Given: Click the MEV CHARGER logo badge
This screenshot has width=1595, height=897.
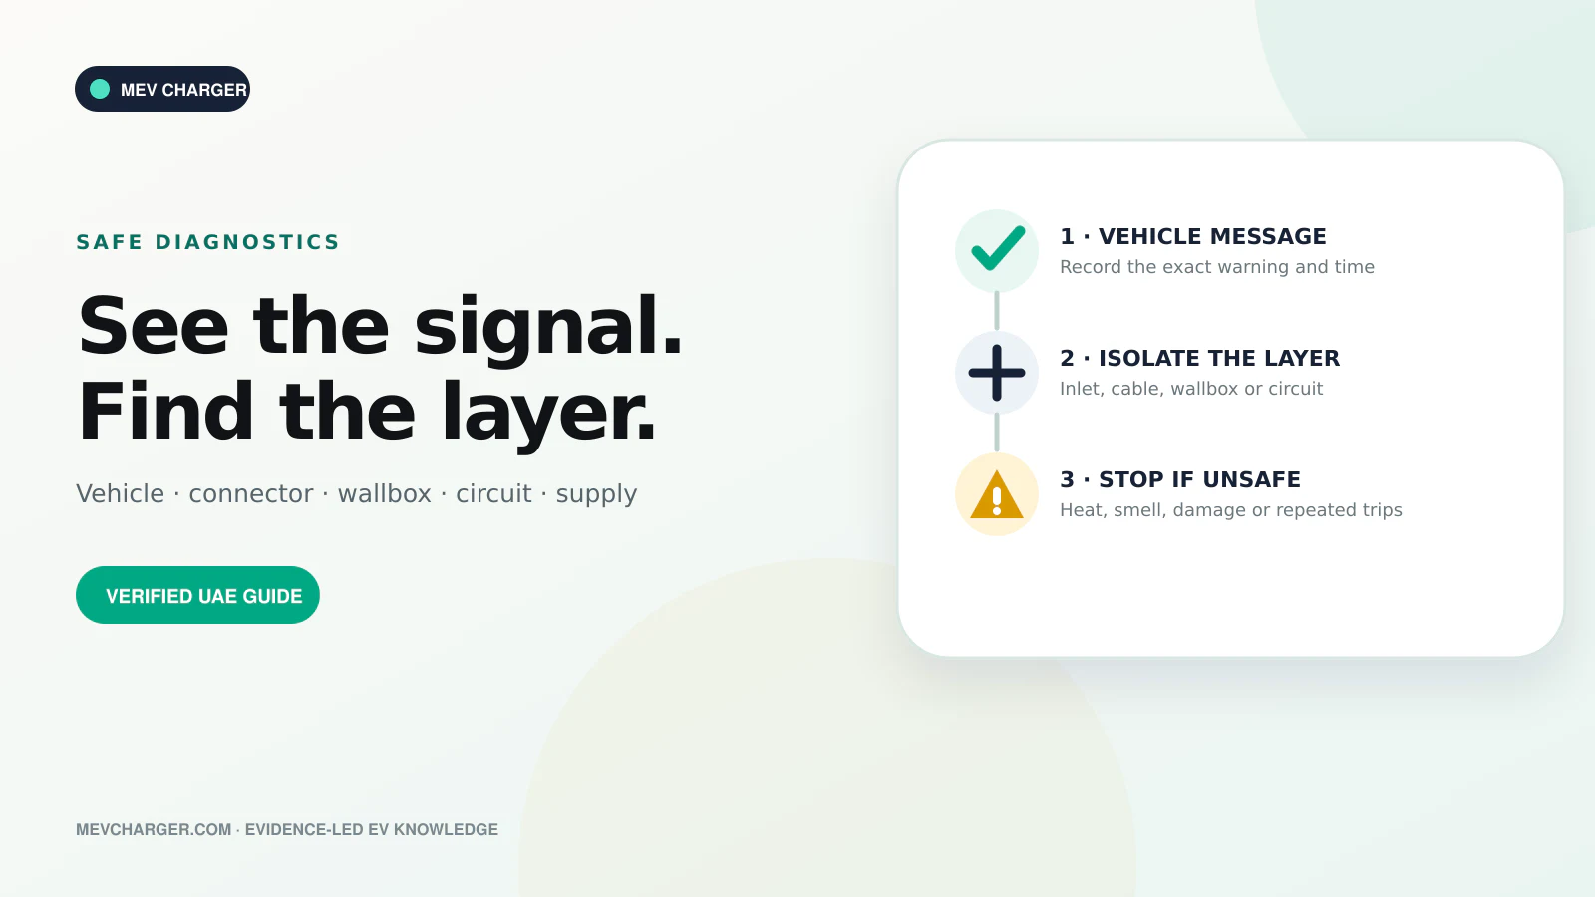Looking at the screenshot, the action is (x=162, y=89).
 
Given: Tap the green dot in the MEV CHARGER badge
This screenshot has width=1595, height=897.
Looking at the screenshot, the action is (x=100, y=89).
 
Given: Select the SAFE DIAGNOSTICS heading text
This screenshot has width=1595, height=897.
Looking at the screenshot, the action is (x=208, y=242).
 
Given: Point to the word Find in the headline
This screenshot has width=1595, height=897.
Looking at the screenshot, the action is (x=165, y=411).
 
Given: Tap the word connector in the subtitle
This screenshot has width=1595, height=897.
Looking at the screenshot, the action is (x=250, y=493).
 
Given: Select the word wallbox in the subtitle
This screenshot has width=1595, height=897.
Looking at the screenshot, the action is (x=385, y=493).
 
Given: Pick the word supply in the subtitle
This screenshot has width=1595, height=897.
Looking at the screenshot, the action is (x=597, y=495).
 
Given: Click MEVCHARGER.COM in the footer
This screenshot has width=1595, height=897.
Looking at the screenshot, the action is (x=154, y=829).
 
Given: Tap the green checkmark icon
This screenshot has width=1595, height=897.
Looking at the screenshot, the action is (x=998, y=248).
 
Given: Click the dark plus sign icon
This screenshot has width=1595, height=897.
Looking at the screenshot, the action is (x=997, y=373).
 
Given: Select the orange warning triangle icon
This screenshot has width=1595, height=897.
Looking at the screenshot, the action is (x=997, y=494).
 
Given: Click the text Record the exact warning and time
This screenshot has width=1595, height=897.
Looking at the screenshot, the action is (x=1217, y=267).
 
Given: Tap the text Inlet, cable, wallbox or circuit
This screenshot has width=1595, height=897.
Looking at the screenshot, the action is (x=1191, y=389).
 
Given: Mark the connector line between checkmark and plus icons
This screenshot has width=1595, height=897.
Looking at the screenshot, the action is (x=997, y=311).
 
